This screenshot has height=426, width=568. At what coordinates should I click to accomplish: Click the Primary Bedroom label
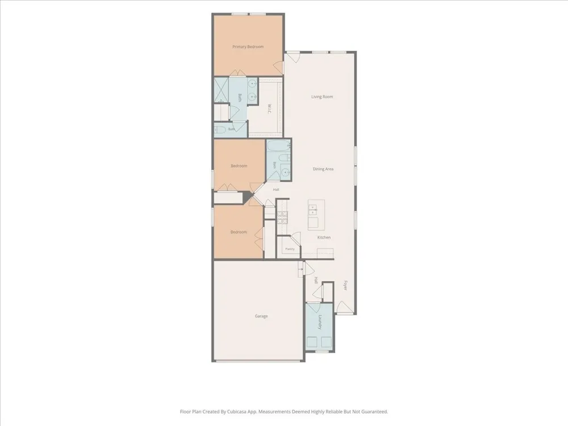click(248, 47)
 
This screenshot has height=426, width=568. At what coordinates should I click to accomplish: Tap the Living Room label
click(322, 97)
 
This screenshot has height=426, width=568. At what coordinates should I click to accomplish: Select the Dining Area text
click(323, 169)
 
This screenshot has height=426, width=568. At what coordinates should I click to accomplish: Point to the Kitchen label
click(324, 237)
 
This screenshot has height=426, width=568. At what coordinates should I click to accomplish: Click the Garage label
click(261, 316)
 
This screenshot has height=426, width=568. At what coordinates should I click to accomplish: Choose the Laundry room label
click(320, 322)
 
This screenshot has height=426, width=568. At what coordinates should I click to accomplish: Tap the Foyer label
click(345, 286)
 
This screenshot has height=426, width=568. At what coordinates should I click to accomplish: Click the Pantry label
click(290, 249)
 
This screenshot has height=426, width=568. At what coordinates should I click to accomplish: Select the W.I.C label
click(269, 108)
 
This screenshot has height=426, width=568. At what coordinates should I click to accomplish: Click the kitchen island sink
click(312, 210)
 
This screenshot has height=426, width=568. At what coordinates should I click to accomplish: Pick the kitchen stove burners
click(282, 218)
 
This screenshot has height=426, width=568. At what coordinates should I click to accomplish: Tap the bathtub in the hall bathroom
click(278, 145)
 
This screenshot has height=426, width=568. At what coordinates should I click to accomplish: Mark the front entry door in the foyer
click(345, 308)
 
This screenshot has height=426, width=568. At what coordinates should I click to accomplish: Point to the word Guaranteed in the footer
click(375, 411)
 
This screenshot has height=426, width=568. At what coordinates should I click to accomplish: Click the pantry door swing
click(296, 238)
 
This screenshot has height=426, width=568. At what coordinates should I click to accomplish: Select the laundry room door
click(314, 308)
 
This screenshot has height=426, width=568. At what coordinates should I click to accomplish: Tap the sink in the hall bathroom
click(286, 172)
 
